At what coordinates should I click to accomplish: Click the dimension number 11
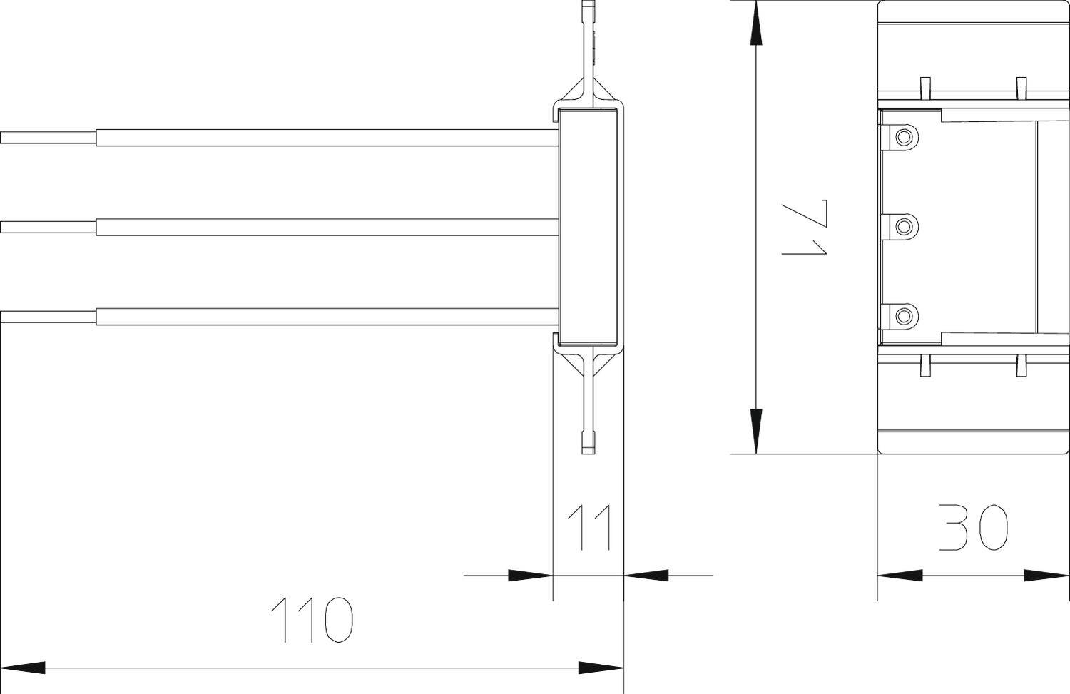pos(591,528)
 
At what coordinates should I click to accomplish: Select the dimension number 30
pos(973,528)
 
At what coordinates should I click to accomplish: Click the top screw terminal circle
pos(904,136)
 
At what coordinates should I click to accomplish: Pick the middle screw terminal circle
pos(904,227)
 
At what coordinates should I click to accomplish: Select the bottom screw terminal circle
pos(904,316)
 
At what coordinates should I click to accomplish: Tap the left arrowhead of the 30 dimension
pos(900,575)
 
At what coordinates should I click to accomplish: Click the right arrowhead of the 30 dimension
pos(1047,575)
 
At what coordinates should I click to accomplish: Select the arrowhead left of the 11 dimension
pos(530,575)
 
